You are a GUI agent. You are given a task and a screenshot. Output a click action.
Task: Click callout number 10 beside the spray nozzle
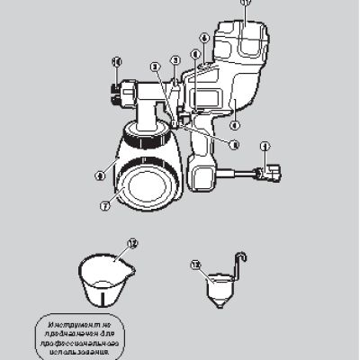(x=116, y=62)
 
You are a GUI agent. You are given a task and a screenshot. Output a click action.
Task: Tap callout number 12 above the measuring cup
(x=132, y=244)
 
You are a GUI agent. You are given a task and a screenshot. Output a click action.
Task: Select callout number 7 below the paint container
(x=105, y=206)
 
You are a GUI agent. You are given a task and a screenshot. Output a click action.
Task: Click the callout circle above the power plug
(x=265, y=146)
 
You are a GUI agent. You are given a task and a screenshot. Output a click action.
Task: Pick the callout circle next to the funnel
(x=197, y=265)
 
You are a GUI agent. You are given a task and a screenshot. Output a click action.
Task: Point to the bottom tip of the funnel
(x=220, y=310)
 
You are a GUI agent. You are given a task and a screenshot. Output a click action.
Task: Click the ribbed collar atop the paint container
(x=146, y=139)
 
